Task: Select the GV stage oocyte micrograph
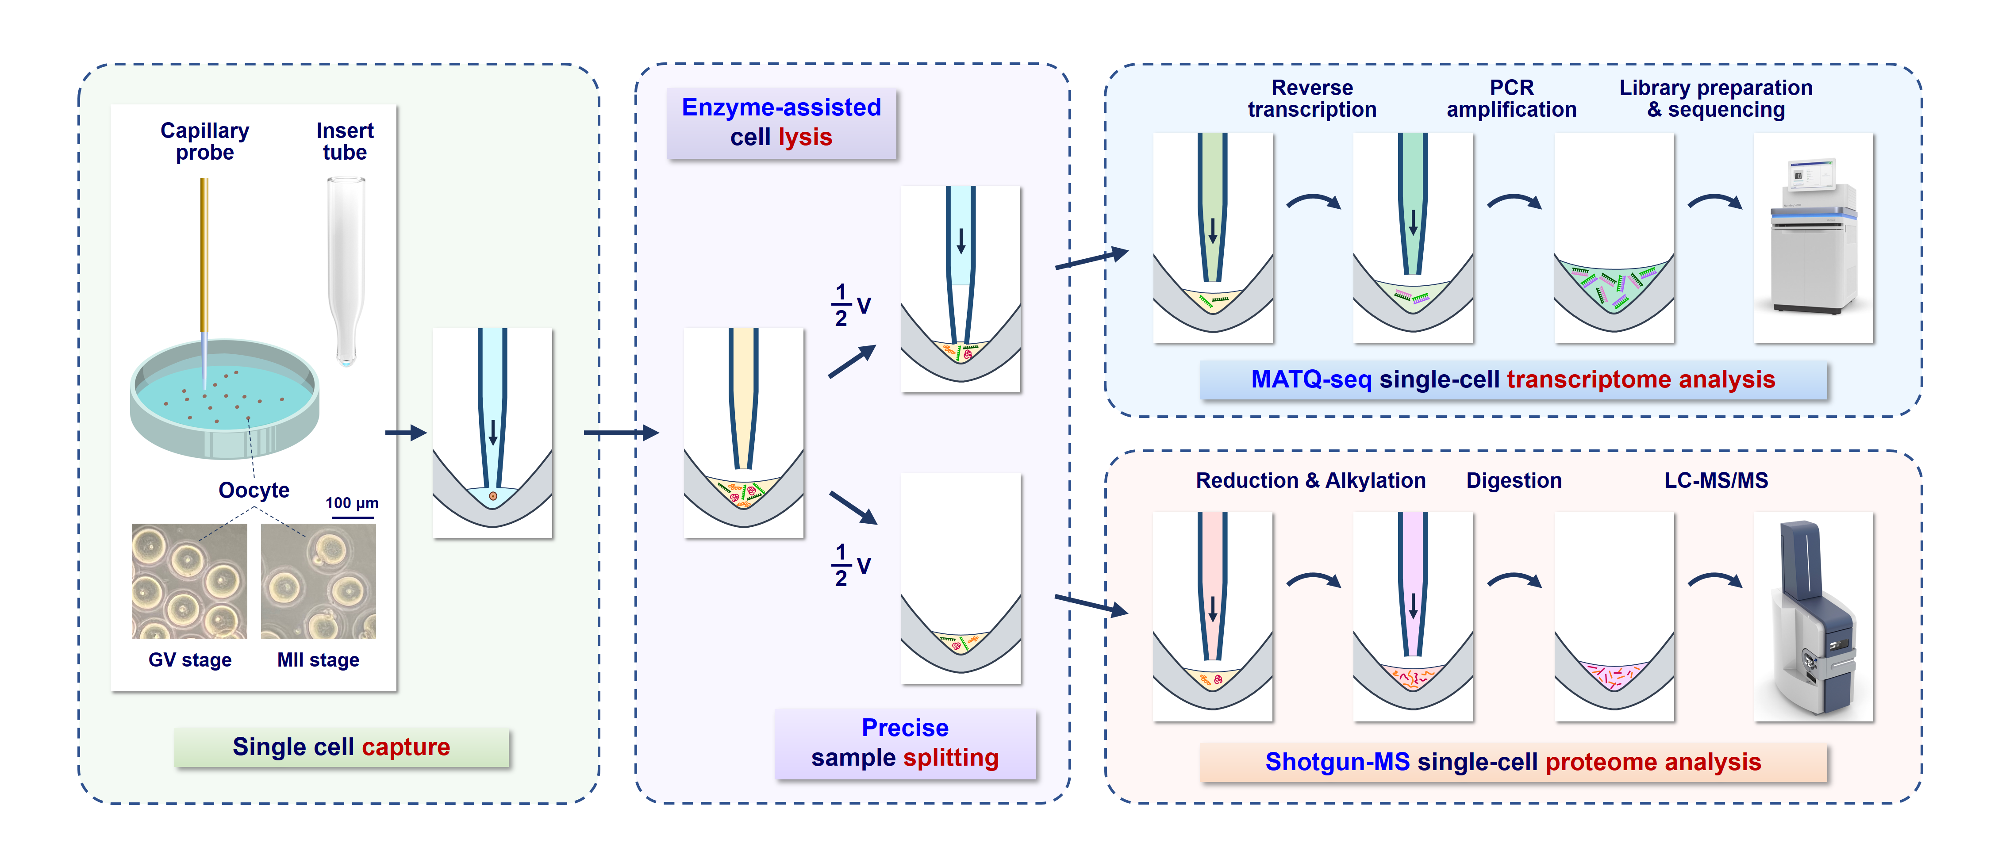point(190,581)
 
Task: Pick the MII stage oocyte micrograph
point(318,581)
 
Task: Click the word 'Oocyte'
point(254,490)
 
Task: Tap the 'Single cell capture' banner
point(341,747)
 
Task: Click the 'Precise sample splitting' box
point(905,743)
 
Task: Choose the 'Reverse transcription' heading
point(1312,99)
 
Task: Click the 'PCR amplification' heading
point(1512,99)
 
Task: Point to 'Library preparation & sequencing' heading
point(1716,99)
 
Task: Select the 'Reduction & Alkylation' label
point(1311,481)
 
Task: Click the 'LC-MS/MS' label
point(1716,481)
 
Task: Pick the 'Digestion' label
point(1514,481)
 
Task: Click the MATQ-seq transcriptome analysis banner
point(1513,380)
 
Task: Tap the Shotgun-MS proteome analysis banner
point(1513,762)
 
